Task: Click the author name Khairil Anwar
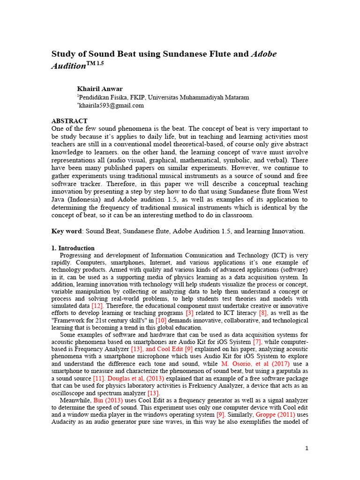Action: click(x=100, y=89)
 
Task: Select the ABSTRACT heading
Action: click(x=69, y=120)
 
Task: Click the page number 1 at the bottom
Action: click(x=307, y=448)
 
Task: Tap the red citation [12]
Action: click(x=97, y=305)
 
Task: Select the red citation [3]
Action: click(x=189, y=313)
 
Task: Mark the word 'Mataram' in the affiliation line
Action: click(x=224, y=97)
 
